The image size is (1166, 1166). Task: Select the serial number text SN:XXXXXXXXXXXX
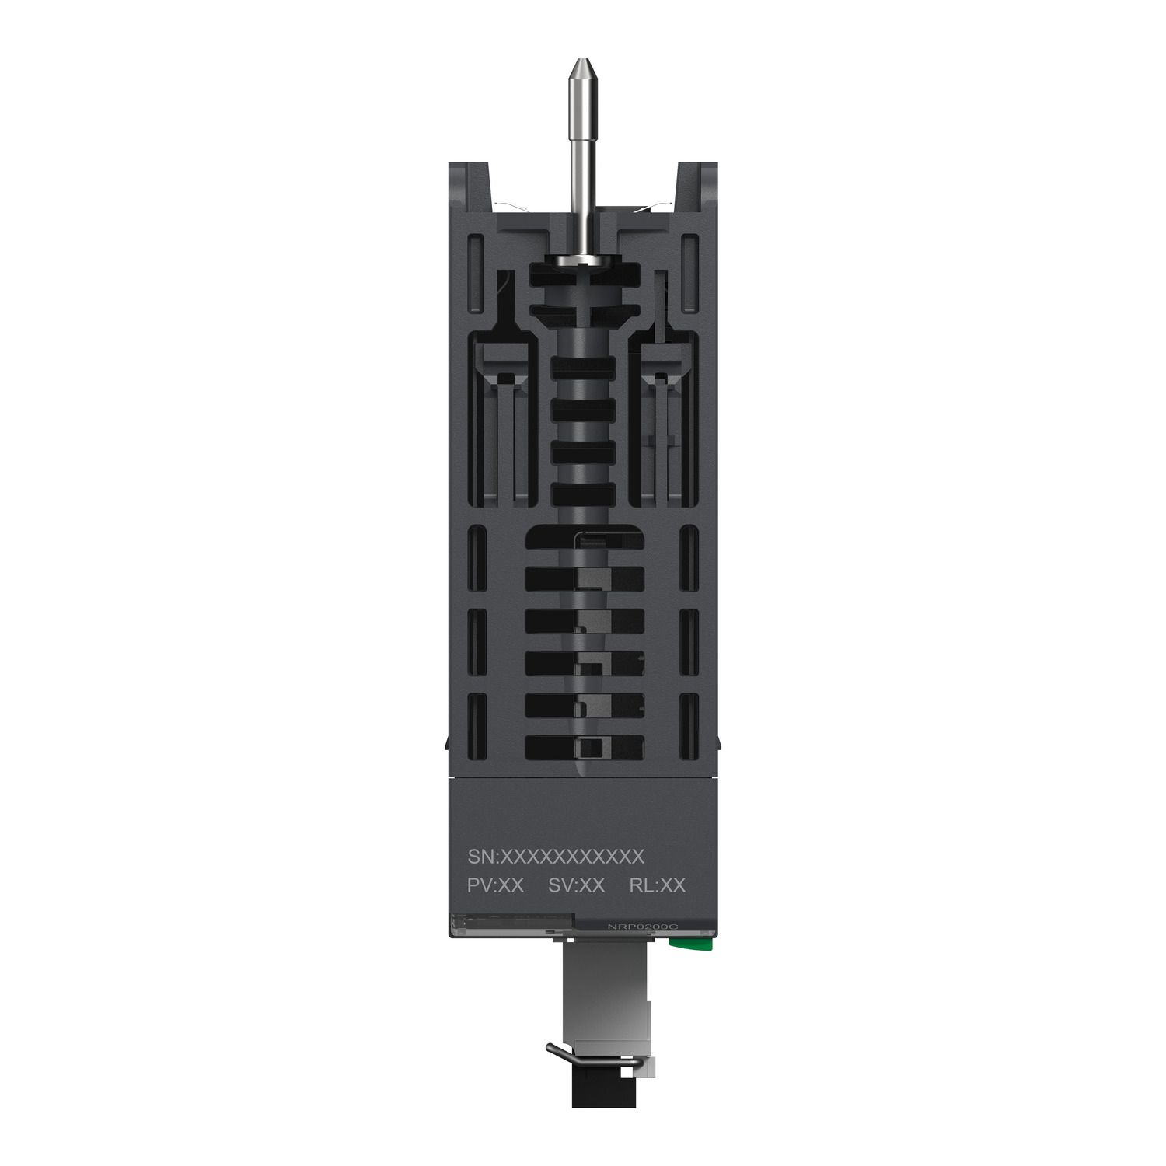[x=556, y=856]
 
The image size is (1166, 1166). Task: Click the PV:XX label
[x=495, y=885]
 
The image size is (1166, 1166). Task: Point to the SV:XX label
[x=576, y=885]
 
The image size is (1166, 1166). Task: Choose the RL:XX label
[x=658, y=885]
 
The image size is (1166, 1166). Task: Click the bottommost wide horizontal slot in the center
[x=585, y=747]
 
